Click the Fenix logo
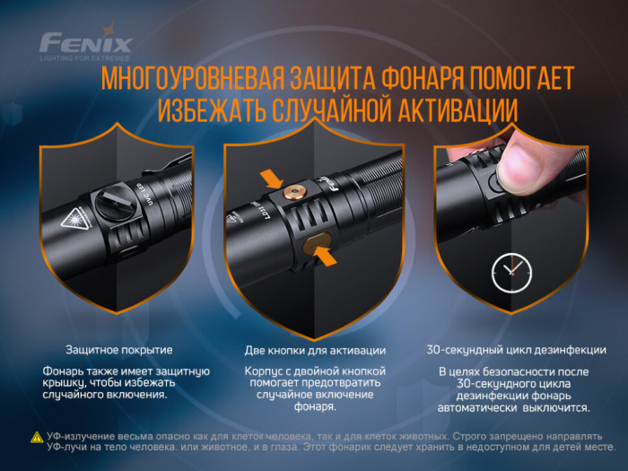coord(86,42)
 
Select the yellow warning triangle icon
coord(36,437)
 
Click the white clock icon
coord(510,268)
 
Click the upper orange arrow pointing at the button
coord(268,179)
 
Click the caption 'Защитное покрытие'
coord(119,350)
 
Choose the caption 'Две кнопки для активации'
coord(315,350)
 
